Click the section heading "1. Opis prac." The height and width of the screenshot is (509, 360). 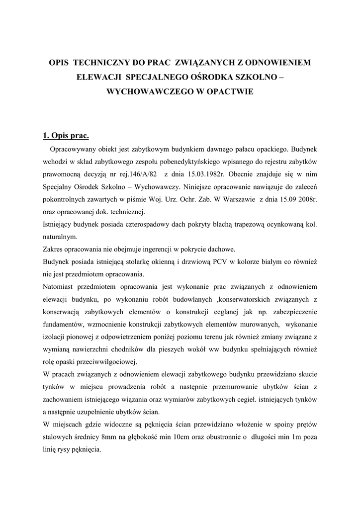tap(66, 135)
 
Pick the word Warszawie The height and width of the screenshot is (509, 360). tap(234, 201)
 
